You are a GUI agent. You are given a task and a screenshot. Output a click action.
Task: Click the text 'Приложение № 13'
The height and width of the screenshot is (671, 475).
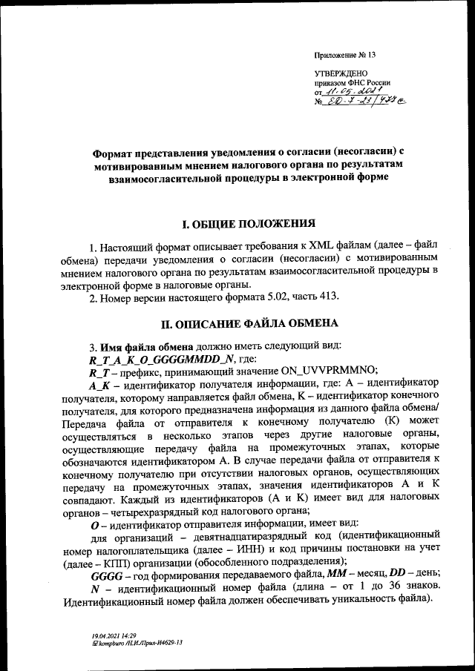click(x=346, y=56)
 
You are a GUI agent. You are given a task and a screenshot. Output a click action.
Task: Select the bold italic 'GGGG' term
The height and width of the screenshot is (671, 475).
click(x=104, y=575)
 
